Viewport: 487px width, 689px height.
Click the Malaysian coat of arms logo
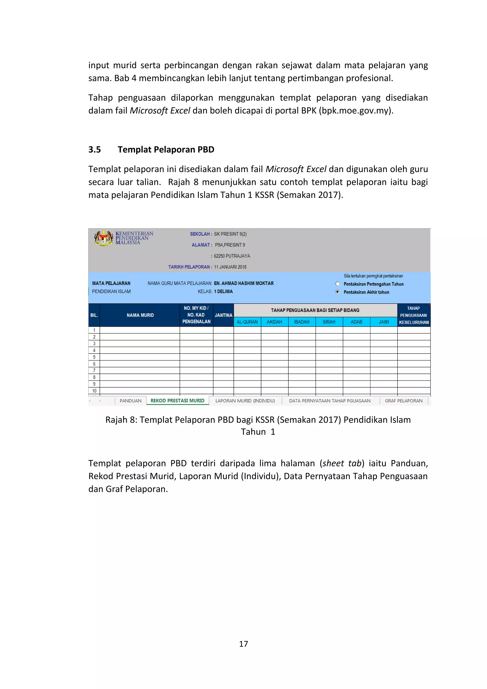tap(103, 238)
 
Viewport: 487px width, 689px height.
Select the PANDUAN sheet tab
tap(131, 401)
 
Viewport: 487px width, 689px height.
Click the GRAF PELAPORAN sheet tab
tap(403, 401)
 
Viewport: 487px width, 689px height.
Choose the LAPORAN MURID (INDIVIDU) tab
tap(245, 401)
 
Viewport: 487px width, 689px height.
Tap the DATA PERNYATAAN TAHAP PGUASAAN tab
tap(330, 401)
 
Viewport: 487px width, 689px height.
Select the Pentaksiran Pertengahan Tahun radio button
tap(338, 284)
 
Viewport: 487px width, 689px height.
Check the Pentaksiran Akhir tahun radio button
tap(338, 292)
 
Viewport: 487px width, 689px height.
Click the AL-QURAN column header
tap(247, 322)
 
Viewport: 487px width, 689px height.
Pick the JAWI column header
tap(384, 322)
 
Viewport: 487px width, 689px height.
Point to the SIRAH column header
tap(329, 322)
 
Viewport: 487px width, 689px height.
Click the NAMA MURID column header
tap(140, 315)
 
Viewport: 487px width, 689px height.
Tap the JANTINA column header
tap(224, 315)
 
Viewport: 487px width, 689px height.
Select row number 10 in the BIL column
tap(94, 391)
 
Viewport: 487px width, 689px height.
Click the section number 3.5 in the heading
tap(94, 149)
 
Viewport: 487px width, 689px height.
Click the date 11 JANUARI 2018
tap(230, 267)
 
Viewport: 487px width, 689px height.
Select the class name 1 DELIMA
tap(224, 291)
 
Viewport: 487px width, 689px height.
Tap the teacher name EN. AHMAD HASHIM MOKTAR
tap(243, 283)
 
